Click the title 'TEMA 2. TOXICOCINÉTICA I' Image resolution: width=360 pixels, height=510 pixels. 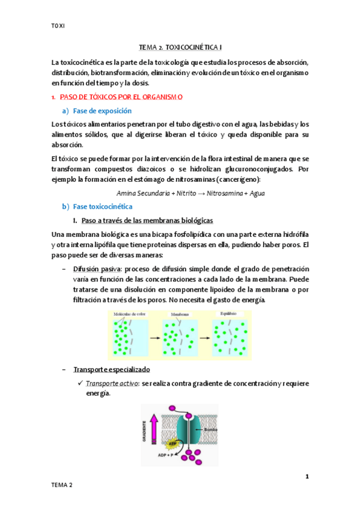pos(180,46)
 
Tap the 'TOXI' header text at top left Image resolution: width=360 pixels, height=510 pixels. pos(58,25)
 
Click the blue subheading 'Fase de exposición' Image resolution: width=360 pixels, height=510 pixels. pos(102,111)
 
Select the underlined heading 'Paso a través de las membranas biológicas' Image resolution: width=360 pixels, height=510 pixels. pos(147,220)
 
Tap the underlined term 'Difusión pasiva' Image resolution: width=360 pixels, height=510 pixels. pos(95,268)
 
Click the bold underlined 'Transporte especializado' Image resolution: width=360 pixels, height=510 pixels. pos(112,369)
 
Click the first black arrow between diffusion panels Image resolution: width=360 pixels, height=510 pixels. pos(156,339)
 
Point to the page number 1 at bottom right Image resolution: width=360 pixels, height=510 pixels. pos(307,477)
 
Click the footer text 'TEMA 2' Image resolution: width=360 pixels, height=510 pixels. pos(61,485)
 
